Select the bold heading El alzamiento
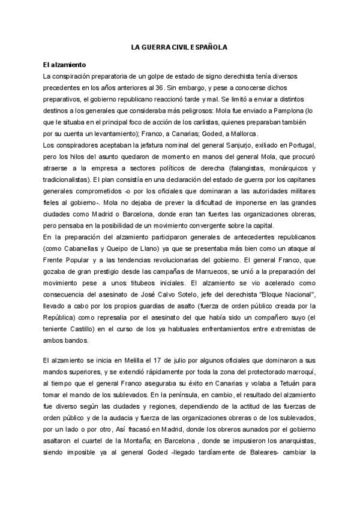coord(65,64)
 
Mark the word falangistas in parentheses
coord(257,169)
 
